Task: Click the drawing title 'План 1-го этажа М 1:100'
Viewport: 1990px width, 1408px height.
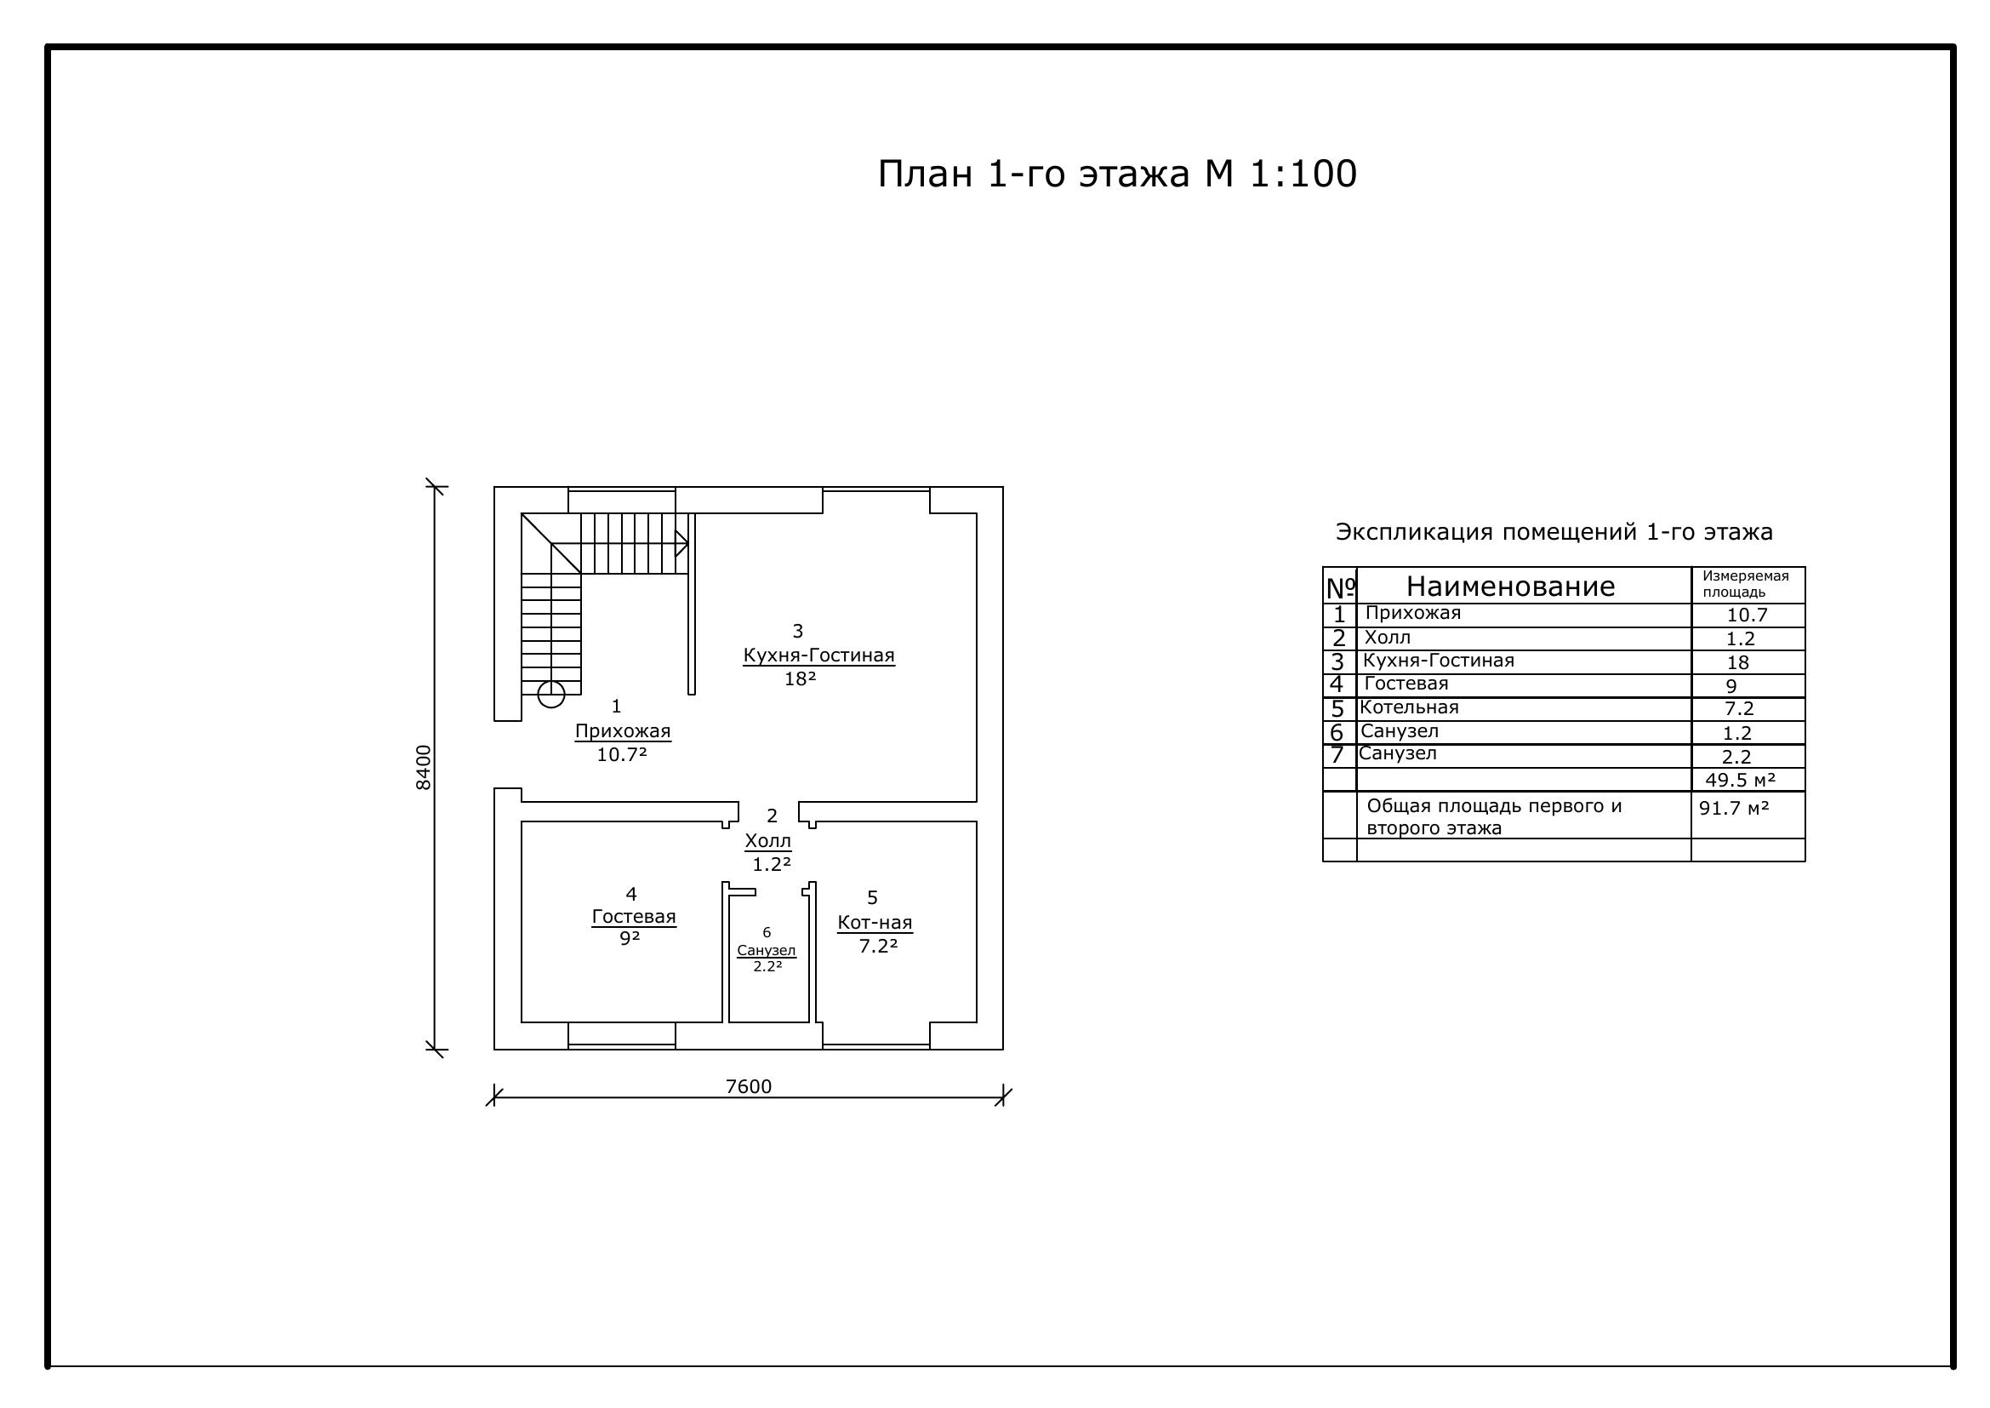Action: click(1116, 175)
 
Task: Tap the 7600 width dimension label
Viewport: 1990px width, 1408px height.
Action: click(748, 1086)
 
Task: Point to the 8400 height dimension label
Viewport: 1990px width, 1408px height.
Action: click(423, 767)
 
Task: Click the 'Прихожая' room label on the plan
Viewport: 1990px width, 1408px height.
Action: click(622, 731)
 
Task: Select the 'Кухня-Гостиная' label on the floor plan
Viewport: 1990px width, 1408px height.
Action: click(818, 655)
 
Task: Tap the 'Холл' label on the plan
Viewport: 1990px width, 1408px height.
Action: click(768, 841)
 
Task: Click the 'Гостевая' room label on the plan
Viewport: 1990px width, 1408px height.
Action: click(634, 917)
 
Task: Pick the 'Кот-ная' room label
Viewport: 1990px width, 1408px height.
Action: click(875, 923)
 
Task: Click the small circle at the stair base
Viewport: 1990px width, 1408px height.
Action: click(551, 695)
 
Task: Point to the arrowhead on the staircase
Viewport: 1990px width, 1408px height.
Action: click(682, 544)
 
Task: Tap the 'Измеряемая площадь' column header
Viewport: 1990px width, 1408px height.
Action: click(1746, 584)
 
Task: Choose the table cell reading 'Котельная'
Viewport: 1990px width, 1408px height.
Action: click(1409, 707)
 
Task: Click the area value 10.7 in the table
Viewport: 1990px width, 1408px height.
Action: click(1747, 615)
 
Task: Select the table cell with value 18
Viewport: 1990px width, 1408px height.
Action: click(1738, 663)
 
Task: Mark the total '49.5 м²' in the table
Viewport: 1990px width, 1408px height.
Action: click(1741, 781)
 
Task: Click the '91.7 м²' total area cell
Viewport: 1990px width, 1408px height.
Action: click(1733, 808)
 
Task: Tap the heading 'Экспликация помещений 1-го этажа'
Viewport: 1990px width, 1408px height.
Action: click(1554, 532)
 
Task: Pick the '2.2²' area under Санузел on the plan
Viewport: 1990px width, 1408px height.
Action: click(768, 967)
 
